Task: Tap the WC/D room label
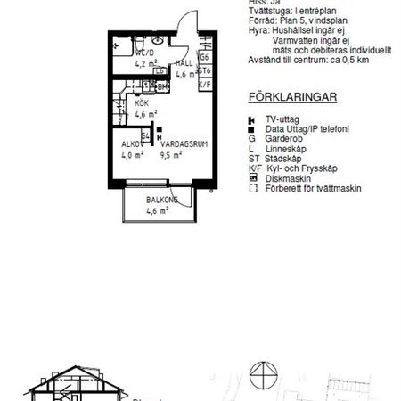tap(144, 53)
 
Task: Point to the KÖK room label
tap(143, 103)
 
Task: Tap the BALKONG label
tap(162, 200)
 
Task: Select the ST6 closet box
tap(204, 70)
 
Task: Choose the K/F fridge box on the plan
tap(204, 84)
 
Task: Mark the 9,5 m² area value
tap(171, 154)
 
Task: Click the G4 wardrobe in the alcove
tap(145, 135)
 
